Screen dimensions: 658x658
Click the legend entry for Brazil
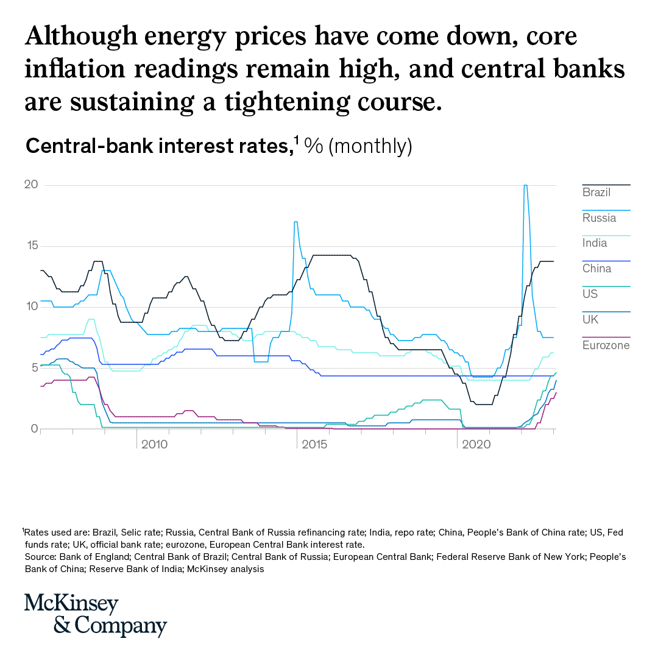(596, 193)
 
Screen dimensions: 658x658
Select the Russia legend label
(599, 218)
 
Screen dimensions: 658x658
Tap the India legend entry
(595, 243)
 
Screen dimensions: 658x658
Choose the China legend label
(596, 269)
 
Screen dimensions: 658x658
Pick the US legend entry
(590, 294)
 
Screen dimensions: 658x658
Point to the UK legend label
(590, 320)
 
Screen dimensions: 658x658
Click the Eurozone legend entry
(606, 345)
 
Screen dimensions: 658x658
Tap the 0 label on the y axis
(35, 428)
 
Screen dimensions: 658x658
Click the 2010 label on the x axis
(154, 445)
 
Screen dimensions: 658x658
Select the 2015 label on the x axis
(315, 445)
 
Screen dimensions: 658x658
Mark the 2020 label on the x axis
(476, 445)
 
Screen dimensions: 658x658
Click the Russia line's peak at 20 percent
(525, 185)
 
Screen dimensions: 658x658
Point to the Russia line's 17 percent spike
(295, 222)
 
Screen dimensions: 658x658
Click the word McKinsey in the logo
(71, 604)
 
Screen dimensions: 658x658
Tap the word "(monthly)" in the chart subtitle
(370, 147)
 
